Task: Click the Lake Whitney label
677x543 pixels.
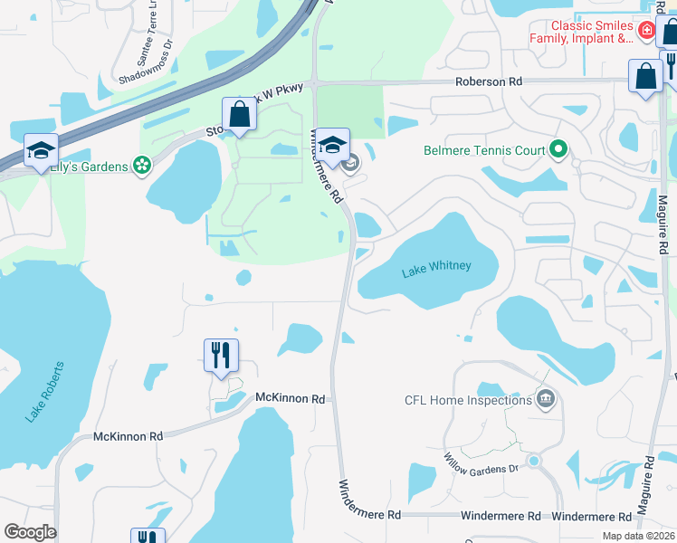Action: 436,265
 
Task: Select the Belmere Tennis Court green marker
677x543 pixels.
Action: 559,150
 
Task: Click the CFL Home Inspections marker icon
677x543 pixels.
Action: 546,398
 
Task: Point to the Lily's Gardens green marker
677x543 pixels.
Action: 141,167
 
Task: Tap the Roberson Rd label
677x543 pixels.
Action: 489,81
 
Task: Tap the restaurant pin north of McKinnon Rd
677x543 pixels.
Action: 221,355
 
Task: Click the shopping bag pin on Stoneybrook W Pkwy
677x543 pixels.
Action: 239,116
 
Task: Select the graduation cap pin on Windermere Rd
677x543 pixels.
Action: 333,147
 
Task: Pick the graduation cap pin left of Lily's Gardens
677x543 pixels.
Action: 41,150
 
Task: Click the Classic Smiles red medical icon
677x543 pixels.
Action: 646,32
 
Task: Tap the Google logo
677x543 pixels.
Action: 30,532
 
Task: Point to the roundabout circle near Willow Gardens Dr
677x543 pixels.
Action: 533,461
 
